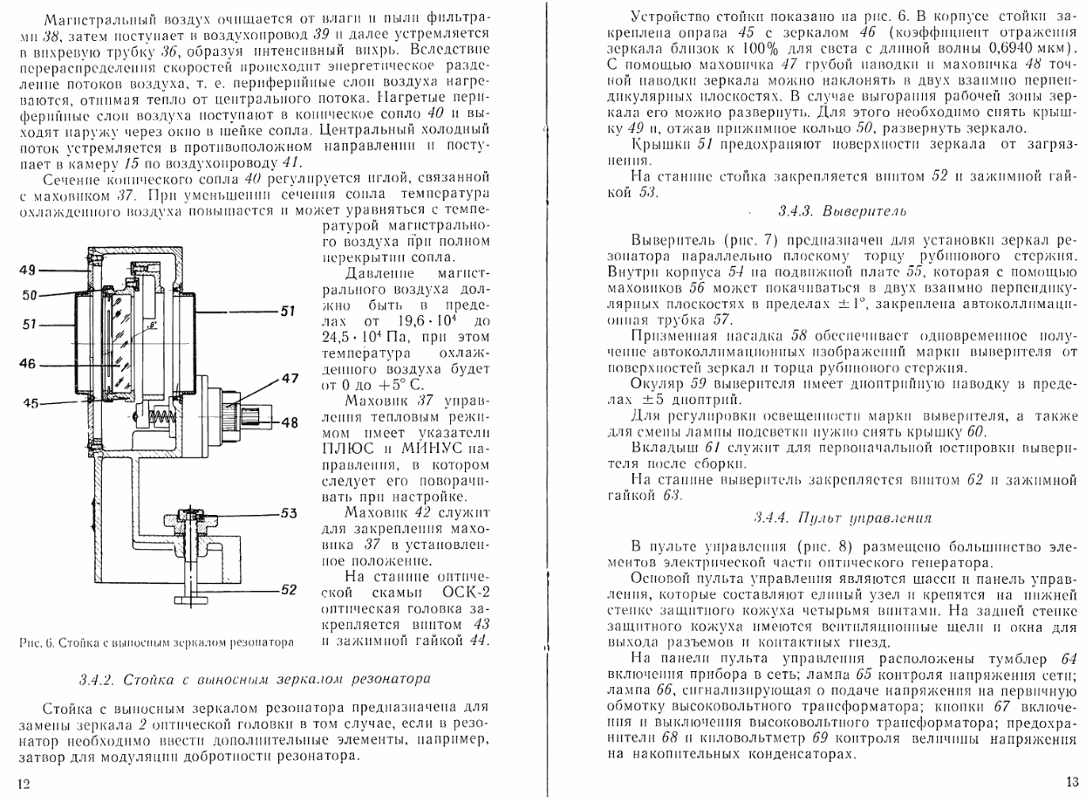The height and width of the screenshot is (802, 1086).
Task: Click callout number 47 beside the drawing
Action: point(289,378)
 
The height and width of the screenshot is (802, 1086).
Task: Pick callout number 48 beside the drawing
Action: point(289,422)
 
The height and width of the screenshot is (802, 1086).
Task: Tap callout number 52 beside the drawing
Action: point(289,591)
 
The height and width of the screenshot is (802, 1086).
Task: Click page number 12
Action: point(24,784)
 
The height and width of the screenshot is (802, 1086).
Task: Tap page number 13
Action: point(1071,782)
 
